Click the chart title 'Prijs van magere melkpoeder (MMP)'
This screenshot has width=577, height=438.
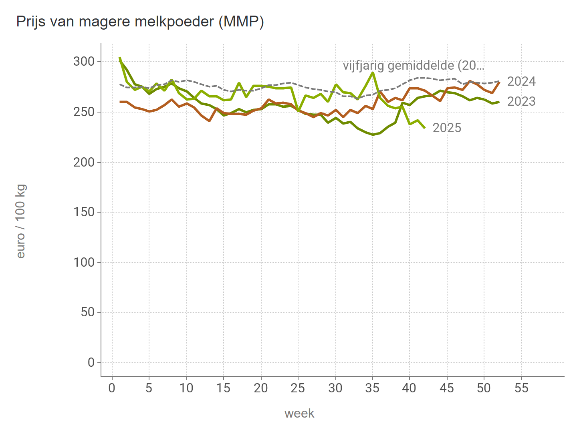[x=140, y=22]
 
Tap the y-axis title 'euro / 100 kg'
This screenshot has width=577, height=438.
[x=21, y=221]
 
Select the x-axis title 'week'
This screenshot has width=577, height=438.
[x=299, y=413]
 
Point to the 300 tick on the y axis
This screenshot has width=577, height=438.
[x=84, y=62]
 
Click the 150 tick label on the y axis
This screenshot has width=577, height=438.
[x=84, y=212]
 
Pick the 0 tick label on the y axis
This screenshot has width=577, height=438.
[x=91, y=363]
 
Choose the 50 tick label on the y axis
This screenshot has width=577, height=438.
[x=87, y=312]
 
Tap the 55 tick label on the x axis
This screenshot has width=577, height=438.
[x=521, y=388]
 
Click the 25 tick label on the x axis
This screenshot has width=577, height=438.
[x=298, y=388]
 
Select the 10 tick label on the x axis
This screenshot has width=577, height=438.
[x=186, y=388]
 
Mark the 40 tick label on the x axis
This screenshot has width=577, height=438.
[x=410, y=388]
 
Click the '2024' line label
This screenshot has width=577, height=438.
[x=521, y=82]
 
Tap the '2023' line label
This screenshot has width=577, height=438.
[x=521, y=102]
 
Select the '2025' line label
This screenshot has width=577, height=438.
[x=447, y=128]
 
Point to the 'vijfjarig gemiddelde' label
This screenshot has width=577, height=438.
[x=414, y=66]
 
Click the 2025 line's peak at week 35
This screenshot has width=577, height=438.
[x=373, y=72]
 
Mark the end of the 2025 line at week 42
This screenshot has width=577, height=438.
[x=425, y=128]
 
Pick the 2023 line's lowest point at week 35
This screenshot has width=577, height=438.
[x=373, y=135]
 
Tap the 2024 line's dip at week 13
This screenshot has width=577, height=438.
[x=209, y=121]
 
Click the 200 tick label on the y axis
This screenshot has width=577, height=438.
[x=84, y=162]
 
